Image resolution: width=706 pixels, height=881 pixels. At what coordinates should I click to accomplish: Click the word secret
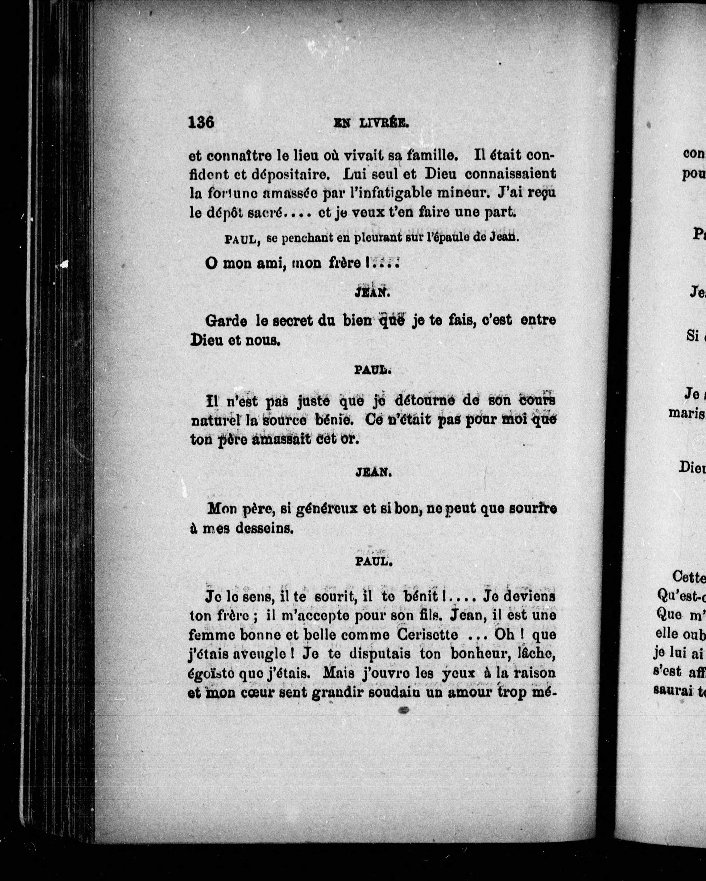(293, 321)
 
